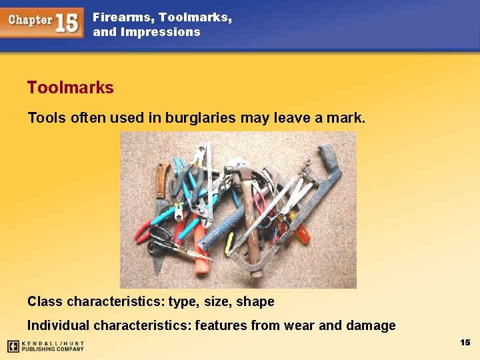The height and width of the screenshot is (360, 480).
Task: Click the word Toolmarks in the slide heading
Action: (70, 87)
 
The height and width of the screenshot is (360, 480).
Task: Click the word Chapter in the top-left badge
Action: (30, 20)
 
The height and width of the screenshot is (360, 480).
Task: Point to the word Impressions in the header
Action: (161, 32)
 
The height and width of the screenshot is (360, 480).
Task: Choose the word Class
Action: (45, 301)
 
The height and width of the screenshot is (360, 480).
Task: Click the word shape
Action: (255, 302)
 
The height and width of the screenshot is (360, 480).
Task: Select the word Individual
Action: (58, 325)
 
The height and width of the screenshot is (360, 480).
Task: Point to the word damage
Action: (371, 325)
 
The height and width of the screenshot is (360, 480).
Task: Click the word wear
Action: (298, 325)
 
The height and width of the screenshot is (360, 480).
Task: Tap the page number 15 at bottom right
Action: (465, 342)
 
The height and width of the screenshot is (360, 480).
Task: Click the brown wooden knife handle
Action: (162, 178)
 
